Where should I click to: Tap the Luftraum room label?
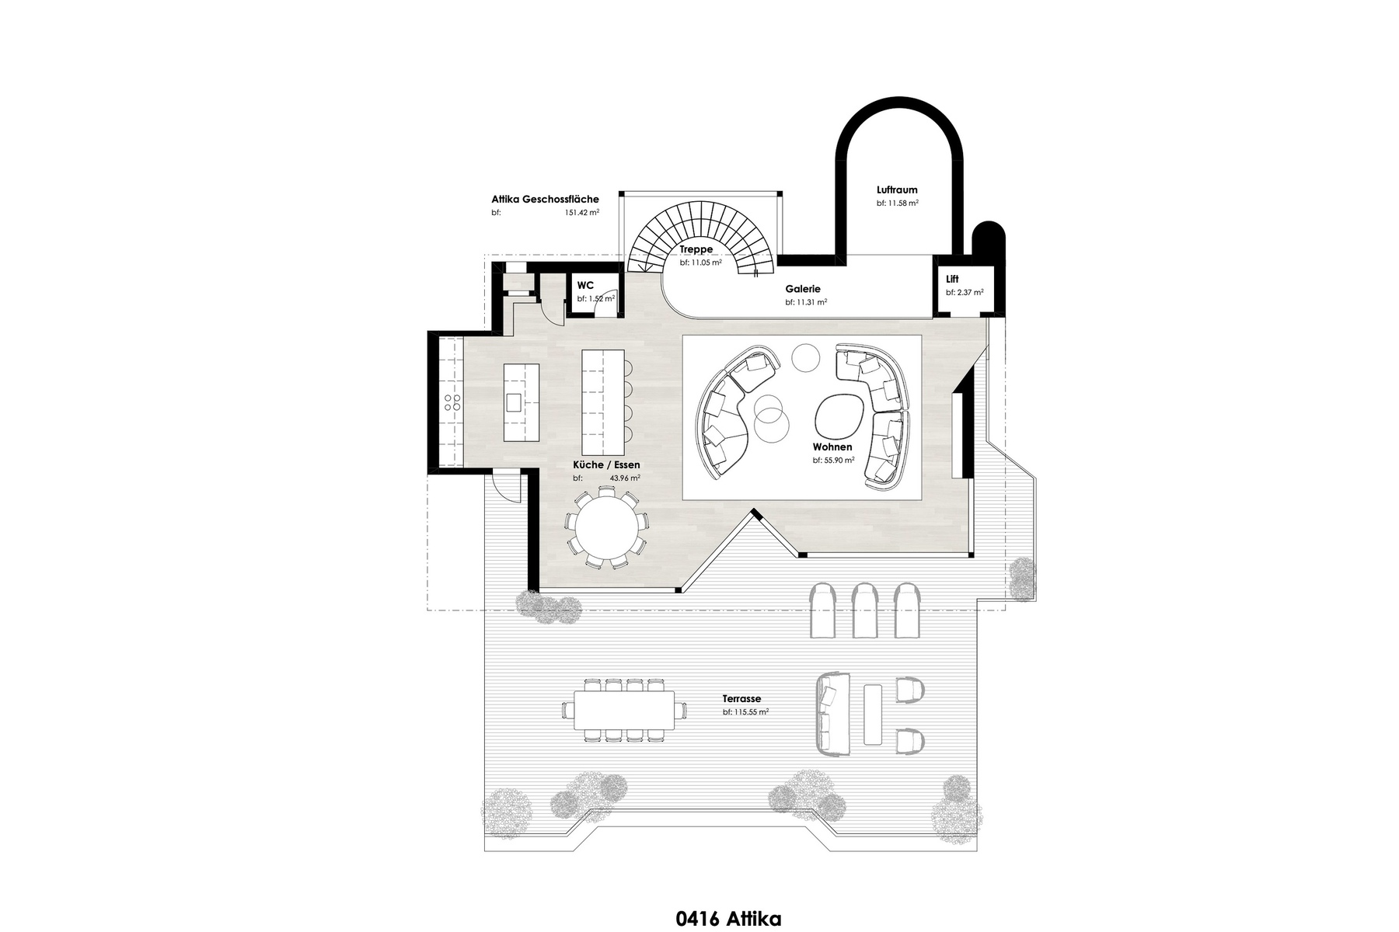[x=897, y=190]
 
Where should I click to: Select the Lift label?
[x=952, y=279]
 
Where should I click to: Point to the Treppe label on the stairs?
[x=696, y=249]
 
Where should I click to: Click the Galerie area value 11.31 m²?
[x=806, y=302]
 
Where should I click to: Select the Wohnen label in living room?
[x=832, y=447]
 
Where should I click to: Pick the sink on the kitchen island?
[x=515, y=402]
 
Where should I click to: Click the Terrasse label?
[x=741, y=698]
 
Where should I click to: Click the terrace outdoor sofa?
[x=831, y=713]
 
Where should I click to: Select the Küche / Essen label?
[x=606, y=464]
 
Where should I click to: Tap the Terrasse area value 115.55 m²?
[x=745, y=712]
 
